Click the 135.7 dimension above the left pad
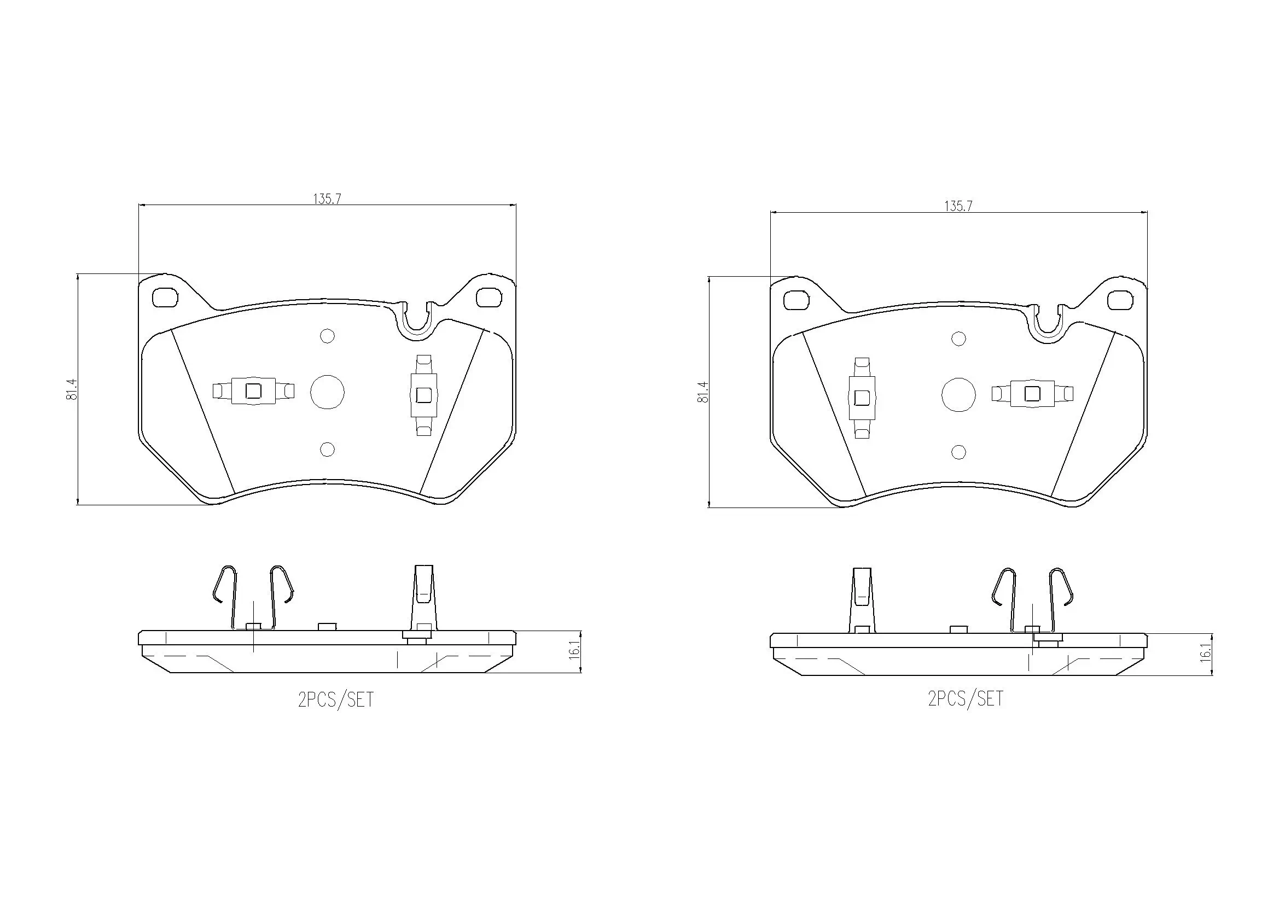[327, 199]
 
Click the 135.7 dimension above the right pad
[958, 206]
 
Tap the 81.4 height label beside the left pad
[71, 389]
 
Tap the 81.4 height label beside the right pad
[702, 392]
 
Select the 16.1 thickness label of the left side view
[575, 651]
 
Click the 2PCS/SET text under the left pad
[336, 699]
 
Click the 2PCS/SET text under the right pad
[966, 698]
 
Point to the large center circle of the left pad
[327, 392]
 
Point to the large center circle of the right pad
[958, 395]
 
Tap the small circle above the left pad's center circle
[327, 336]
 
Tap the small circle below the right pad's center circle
[958, 452]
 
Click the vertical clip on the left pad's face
[423, 395]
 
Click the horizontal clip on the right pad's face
[1032, 394]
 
